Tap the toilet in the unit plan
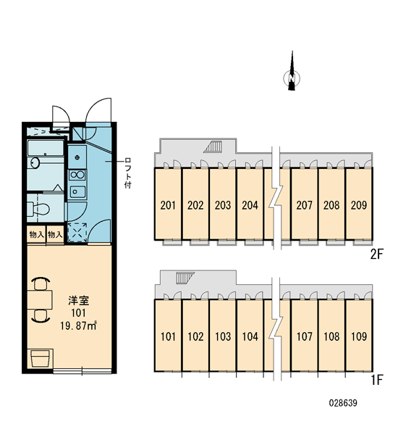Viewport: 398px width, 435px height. pos(39,208)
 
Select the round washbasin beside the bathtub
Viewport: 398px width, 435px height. pos(35,162)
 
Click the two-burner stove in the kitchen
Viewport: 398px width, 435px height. pos(77,175)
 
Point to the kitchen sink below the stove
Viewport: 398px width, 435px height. pos(77,191)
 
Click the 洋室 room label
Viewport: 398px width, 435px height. pos(78,300)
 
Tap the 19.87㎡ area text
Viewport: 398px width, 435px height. pos(78,325)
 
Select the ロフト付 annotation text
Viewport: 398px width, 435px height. pos(127,173)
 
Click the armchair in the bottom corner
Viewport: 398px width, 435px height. pos(41,358)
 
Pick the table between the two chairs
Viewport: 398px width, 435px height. pos(40,300)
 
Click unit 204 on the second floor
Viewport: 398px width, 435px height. pos(250,205)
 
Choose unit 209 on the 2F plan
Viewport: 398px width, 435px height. pos(359,205)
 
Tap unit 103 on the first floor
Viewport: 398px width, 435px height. pos(223,336)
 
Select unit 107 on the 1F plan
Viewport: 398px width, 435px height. pos(304,336)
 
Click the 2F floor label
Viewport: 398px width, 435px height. pos(377,254)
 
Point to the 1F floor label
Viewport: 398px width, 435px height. pos(377,380)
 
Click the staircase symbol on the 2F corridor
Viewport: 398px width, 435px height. pos(213,146)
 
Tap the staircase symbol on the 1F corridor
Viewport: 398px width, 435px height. pos(185,278)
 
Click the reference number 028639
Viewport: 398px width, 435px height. pos(343,403)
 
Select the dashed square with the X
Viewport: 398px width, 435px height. pos(77,232)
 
